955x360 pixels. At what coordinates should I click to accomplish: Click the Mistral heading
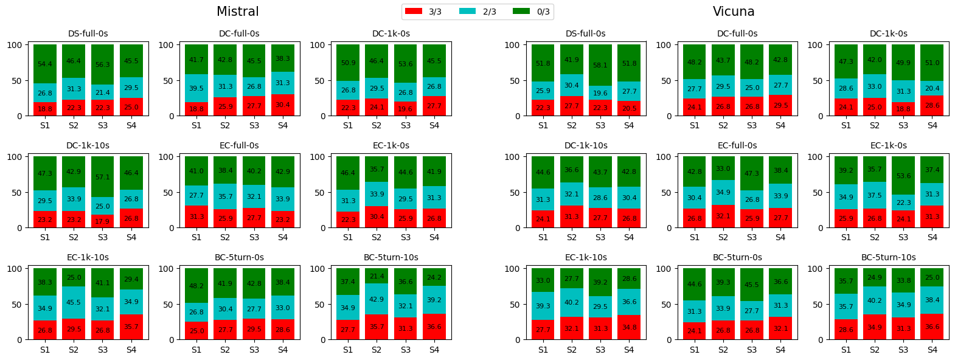click(238, 12)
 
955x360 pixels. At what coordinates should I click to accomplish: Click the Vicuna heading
click(734, 12)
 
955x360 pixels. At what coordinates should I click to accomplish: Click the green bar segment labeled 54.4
click(45, 64)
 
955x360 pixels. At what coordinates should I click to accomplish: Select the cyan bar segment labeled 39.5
click(196, 88)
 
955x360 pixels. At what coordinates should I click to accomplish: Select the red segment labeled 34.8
click(629, 327)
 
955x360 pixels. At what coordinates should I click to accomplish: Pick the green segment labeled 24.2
click(434, 277)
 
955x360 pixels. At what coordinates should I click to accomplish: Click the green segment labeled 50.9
click(348, 63)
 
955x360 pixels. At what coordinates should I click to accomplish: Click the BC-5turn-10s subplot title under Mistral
click(391, 257)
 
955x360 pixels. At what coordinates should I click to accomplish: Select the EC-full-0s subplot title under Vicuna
click(737, 145)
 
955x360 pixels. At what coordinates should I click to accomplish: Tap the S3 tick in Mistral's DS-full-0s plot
click(103, 125)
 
